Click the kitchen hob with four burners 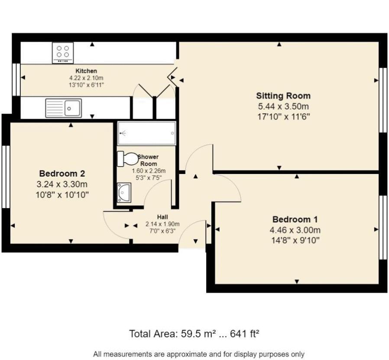(63, 52)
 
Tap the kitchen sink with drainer (64, 108)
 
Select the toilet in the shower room (128, 158)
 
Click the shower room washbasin (124, 193)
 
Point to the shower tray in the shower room (146, 133)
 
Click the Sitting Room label (283, 96)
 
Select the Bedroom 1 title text (295, 219)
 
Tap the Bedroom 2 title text (62, 173)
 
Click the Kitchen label (86, 71)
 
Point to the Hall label (162, 217)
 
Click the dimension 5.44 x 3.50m (283, 106)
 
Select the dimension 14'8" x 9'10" (295, 240)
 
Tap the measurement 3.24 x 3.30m (62, 184)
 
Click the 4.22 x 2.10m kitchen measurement (86, 78)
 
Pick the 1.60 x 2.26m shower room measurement (149, 171)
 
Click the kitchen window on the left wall (16, 79)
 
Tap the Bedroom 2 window (6, 177)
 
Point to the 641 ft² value (245, 334)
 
